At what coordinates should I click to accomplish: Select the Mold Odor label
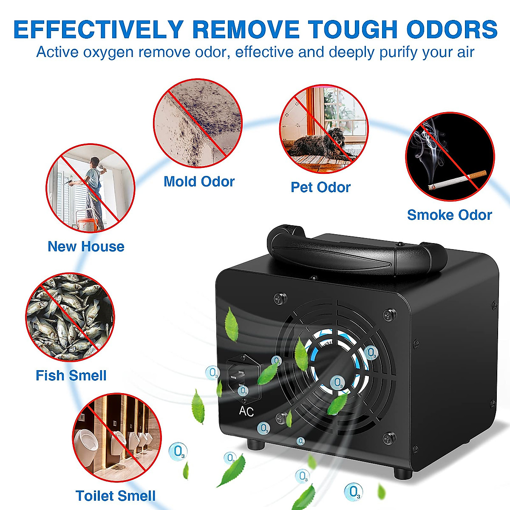pos(199,181)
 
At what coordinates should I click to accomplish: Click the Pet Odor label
pos(320,187)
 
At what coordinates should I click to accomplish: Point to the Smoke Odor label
pos(449,215)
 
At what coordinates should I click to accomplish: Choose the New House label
pos(86,246)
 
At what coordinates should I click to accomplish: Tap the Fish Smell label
pos(71,375)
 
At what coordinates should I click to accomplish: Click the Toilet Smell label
pos(115,496)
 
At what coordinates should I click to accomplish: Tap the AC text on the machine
pos(246,411)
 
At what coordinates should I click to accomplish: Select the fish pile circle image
pos(70,317)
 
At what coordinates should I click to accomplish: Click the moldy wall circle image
pos(198,123)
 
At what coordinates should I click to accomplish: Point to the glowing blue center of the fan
pos(336,365)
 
